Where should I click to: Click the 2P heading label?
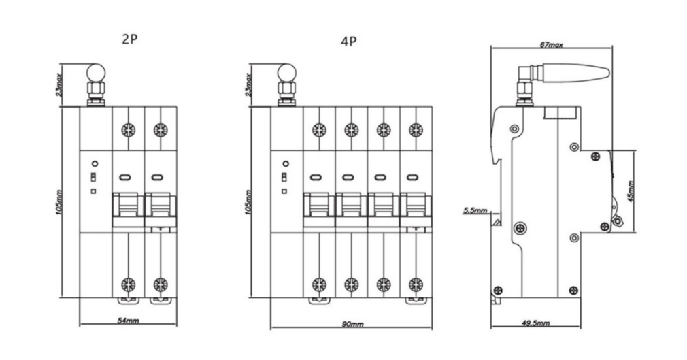(130, 39)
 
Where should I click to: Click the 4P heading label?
(348, 42)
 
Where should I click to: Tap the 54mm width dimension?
(128, 320)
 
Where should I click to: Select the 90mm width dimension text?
(351, 323)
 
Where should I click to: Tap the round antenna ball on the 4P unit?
(286, 71)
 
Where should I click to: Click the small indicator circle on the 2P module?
(95, 163)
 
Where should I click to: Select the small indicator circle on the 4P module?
(286, 163)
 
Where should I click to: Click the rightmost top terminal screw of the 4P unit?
(416, 129)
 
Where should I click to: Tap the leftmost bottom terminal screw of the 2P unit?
(127, 284)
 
